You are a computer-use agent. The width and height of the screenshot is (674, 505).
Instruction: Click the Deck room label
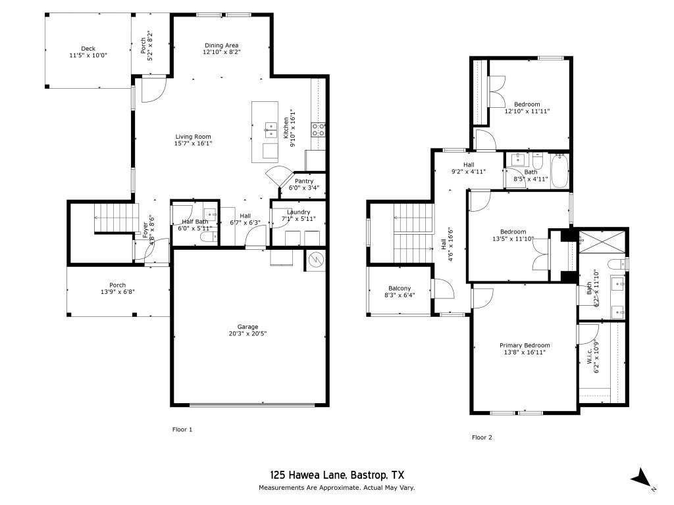coord(88,49)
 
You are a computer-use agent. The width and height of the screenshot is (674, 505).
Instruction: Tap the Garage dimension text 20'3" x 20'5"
coord(247,333)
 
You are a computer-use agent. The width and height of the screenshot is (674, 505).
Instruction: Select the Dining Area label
coord(221,45)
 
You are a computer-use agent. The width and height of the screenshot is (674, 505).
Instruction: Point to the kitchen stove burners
coord(319,130)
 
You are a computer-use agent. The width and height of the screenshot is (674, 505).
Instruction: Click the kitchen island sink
coord(271,130)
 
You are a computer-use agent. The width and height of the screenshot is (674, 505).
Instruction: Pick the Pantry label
coord(304,181)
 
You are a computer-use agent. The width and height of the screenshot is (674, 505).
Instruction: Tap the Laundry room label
coord(298,212)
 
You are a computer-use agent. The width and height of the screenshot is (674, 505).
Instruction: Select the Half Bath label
coord(195,222)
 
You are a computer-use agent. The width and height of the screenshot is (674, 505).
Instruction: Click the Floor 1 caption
coord(182,429)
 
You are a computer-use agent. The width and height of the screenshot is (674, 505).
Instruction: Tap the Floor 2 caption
coord(482,437)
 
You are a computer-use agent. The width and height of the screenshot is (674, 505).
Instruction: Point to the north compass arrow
coord(642,478)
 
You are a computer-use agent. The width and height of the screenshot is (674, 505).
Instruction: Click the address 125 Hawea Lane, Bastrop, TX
coord(337,475)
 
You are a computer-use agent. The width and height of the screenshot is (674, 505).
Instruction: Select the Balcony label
coord(400,288)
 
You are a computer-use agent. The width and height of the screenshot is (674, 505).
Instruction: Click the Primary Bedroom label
coord(525,345)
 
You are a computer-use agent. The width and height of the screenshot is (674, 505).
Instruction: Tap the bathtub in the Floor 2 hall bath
coord(559,171)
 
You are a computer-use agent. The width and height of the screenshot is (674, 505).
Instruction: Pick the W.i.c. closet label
coord(590,356)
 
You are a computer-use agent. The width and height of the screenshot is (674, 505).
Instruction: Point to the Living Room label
coord(193,137)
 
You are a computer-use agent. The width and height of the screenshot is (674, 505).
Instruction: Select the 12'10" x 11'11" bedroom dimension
coord(527,111)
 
